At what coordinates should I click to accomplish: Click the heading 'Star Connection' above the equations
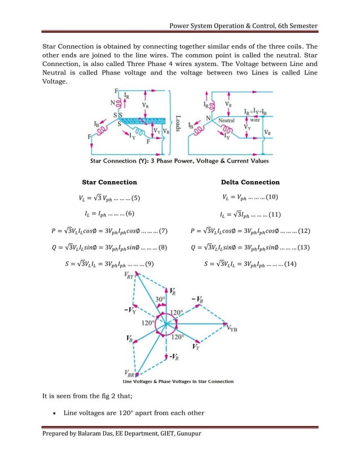point(109,182)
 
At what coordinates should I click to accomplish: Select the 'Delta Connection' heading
point(250,182)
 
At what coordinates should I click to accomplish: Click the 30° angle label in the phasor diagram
point(160,299)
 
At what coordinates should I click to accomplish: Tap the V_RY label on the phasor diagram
point(129,276)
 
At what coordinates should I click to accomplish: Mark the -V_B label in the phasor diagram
point(197,298)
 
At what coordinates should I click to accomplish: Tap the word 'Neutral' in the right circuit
point(226,121)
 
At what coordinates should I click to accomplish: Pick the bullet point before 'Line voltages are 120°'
point(52,414)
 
